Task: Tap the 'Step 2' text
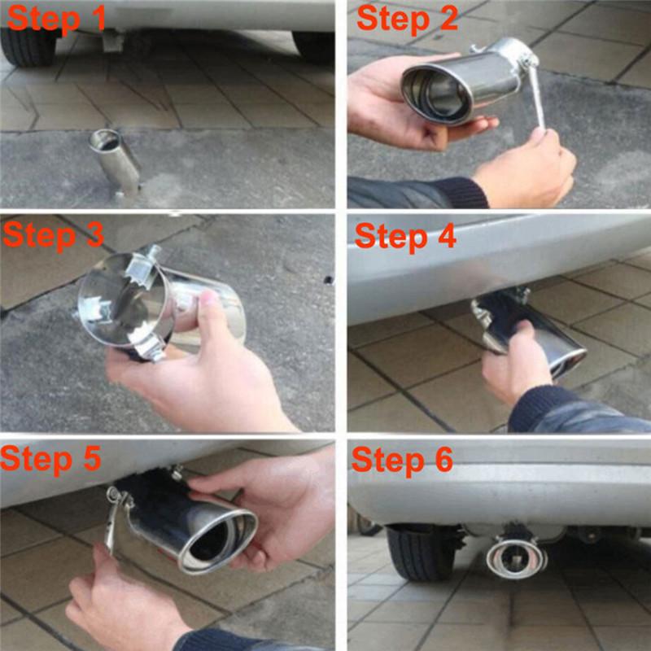pos(407,18)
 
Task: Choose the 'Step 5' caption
pos(51,458)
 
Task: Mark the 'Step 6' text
pos(402,461)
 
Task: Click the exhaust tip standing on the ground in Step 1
pos(116,161)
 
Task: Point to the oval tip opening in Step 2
pos(437,91)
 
